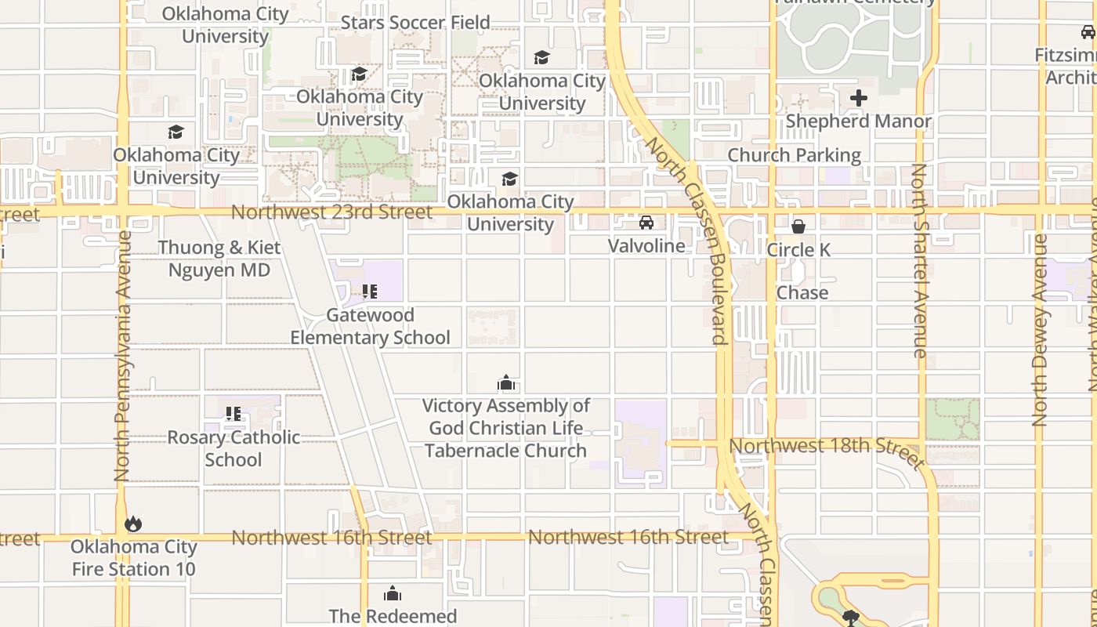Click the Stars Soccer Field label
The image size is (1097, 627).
coord(415,22)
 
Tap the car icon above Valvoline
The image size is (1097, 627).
coord(646,223)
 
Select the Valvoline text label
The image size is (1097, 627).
coord(646,245)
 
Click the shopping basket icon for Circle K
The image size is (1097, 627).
coord(798,227)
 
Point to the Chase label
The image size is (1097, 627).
coord(802,293)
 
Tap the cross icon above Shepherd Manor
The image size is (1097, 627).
coord(859,99)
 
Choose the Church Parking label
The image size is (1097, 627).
coord(795,155)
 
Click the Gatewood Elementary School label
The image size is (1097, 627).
coord(370,326)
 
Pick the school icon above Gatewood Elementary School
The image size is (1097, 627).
coord(370,292)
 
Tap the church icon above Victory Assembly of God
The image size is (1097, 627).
coord(506,383)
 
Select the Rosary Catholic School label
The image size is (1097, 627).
coord(234,448)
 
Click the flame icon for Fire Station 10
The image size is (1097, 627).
coord(133,524)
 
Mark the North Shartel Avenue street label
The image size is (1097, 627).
coord(920,261)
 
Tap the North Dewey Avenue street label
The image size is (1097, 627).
coord(1040,330)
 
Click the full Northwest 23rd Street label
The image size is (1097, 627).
coord(331,212)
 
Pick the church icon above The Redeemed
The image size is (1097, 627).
coord(393,593)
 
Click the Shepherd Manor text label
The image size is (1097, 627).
coord(859,121)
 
